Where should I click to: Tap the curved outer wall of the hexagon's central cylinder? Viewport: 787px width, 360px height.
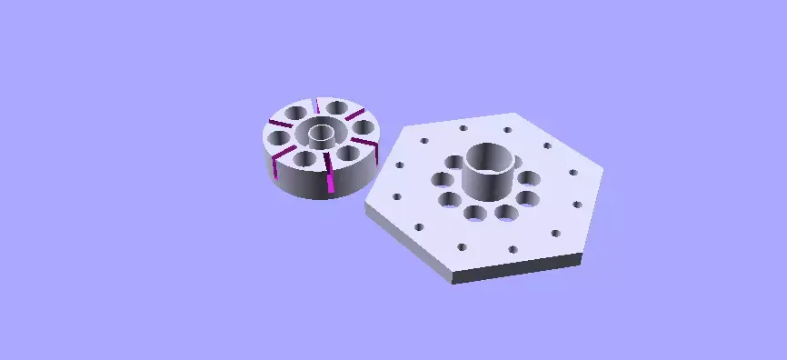[491, 182]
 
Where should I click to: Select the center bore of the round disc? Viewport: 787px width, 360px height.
[320, 136]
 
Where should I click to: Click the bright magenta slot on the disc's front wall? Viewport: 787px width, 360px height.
[330, 183]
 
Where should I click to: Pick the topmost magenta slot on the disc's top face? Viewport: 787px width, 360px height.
[317, 104]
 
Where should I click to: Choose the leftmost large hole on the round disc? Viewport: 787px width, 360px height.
[277, 137]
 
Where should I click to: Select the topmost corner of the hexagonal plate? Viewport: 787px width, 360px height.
[516, 114]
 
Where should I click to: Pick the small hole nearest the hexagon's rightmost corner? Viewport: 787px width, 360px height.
[573, 172]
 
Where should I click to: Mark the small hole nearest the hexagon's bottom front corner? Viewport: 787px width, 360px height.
[462, 246]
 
